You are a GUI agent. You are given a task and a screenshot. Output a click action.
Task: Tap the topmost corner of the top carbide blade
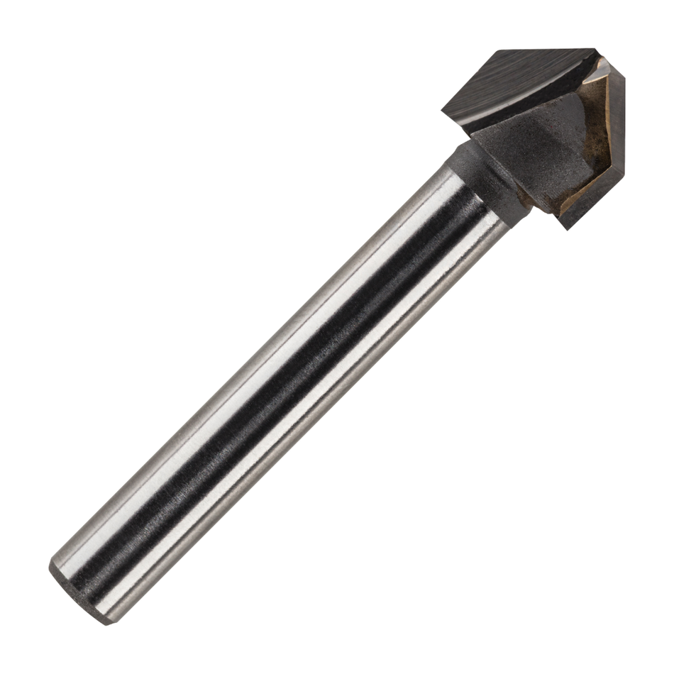pyautogui.click(x=497, y=50)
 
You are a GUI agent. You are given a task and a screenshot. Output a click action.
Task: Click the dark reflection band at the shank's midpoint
pyautogui.click(x=284, y=383)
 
